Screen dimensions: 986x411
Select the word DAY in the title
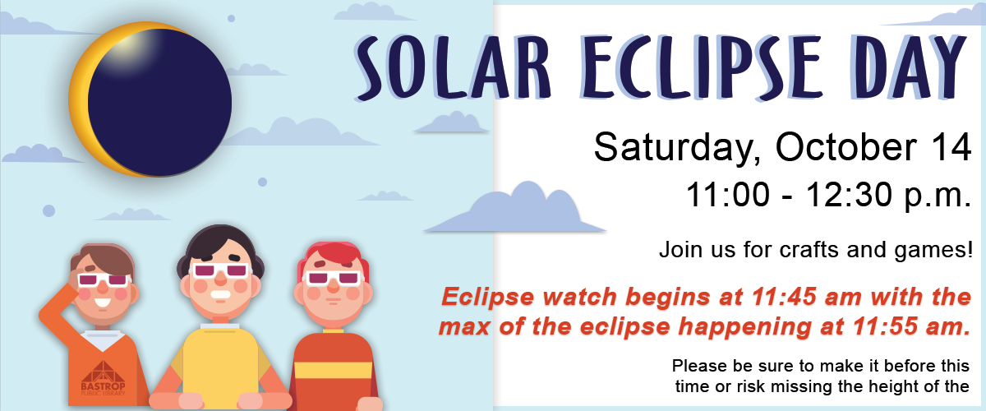click(911, 66)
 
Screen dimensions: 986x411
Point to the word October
click(846, 146)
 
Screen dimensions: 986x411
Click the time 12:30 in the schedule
click(850, 195)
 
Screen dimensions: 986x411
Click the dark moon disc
click(159, 103)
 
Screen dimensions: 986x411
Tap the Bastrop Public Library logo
click(103, 378)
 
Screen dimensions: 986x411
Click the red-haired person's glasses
click(334, 279)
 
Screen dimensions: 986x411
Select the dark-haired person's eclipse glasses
click(219, 271)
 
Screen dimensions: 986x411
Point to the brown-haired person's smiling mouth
click(103, 303)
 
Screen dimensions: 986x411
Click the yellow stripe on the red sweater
click(334, 370)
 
